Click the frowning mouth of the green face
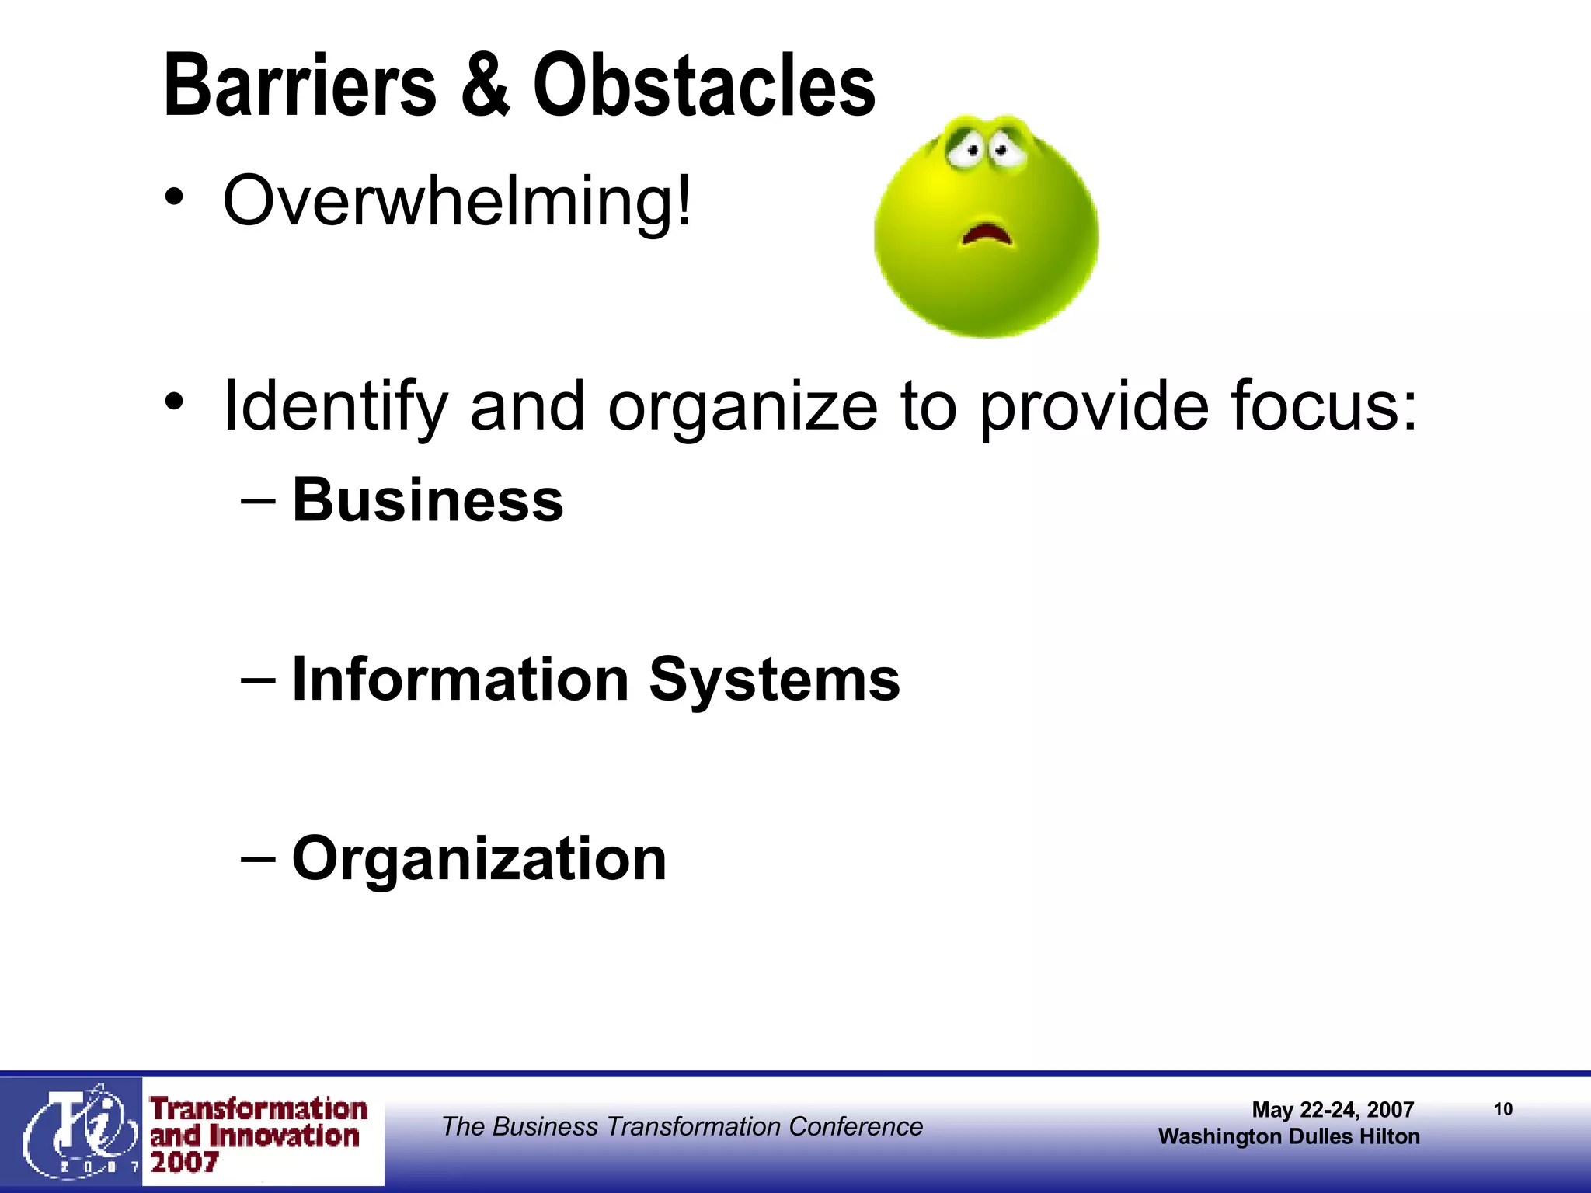(x=987, y=233)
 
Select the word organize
(x=743, y=407)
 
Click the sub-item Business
(x=427, y=500)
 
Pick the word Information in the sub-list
(x=460, y=680)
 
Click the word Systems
(x=774, y=680)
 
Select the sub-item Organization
(x=479, y=859)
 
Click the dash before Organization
(x=258, y=859)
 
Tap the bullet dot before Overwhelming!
(x=175, y=197)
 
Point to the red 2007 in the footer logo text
(x=185, y=1163)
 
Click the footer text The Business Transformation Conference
(x=682, y=1126)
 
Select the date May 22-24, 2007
(x=1332, y=1110)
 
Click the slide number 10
(x=1503, y=1109)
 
